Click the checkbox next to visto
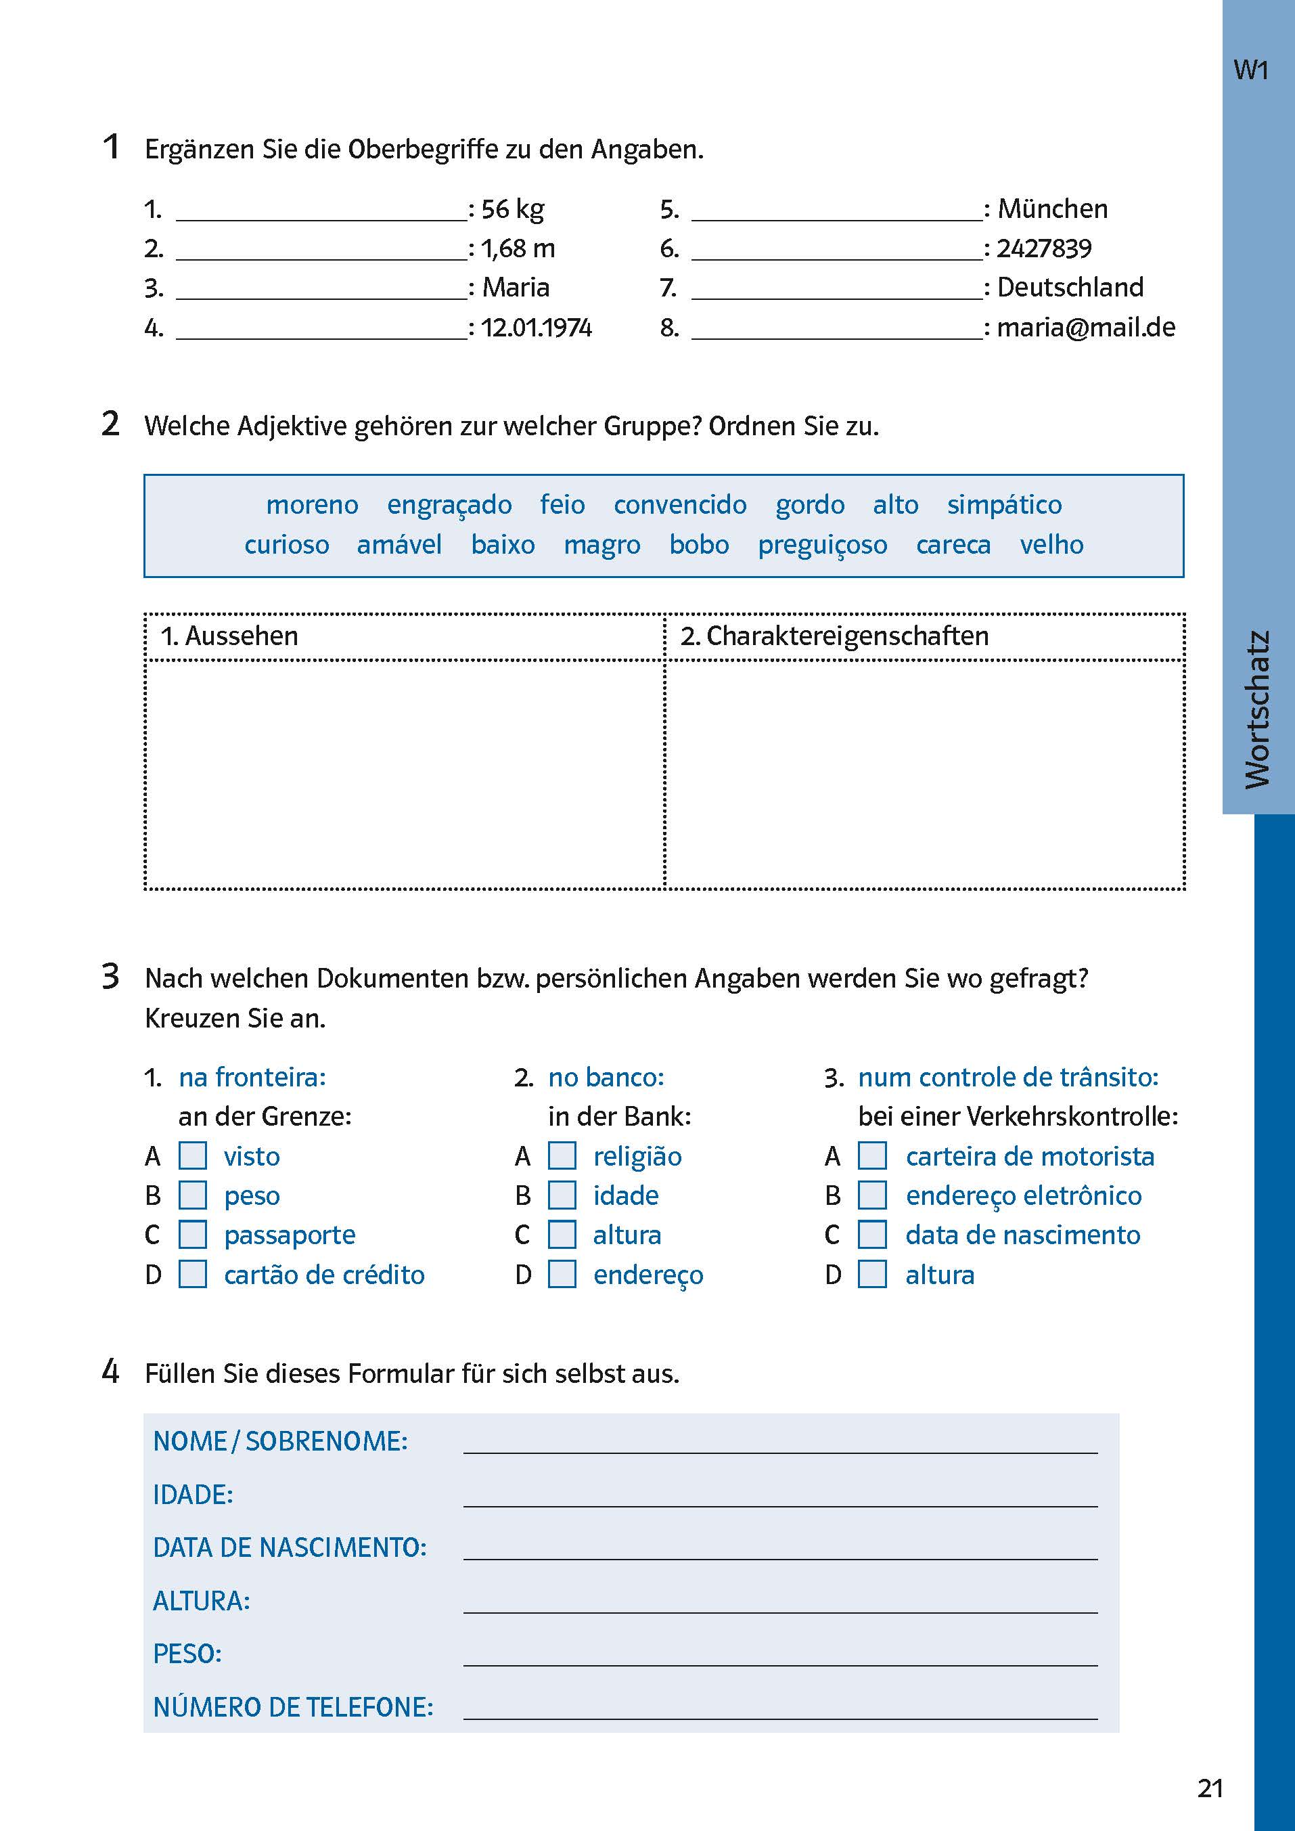[x=192, y=1155]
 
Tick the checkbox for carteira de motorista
[x=871, y=1155]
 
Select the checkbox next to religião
[x=562, y=1155]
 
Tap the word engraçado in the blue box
[x=449, y=505]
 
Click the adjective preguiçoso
[x=822, y=545]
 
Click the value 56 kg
[x=512, y=209]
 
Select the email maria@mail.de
[x=1085, y=327]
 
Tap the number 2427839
[x=1044, y=248]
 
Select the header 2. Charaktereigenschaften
[x=834, y=636]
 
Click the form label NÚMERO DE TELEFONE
[x=293, y=1706]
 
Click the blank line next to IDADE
[x=780, y=1497]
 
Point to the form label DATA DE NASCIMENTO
[x=290, y=1547]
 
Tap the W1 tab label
[x=1250, y=70]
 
